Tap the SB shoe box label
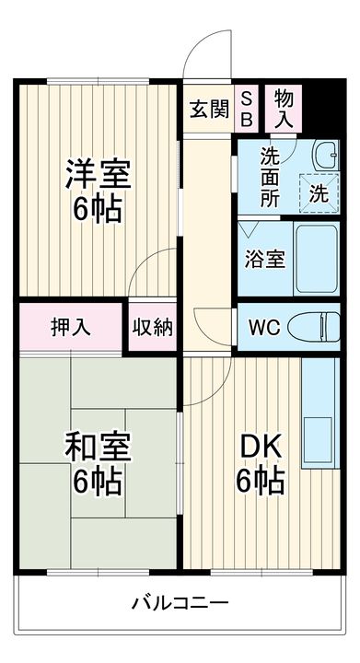(x=249, y=110)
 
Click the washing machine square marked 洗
(x=318, y=192)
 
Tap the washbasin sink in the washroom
(x=327, y=154)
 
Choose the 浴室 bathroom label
(x=264, y=259)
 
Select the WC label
(x=263, y=326)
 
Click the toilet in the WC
(x=316, y=326)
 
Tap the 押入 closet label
(x=70, y=327)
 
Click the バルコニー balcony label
(x=180, y=603)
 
